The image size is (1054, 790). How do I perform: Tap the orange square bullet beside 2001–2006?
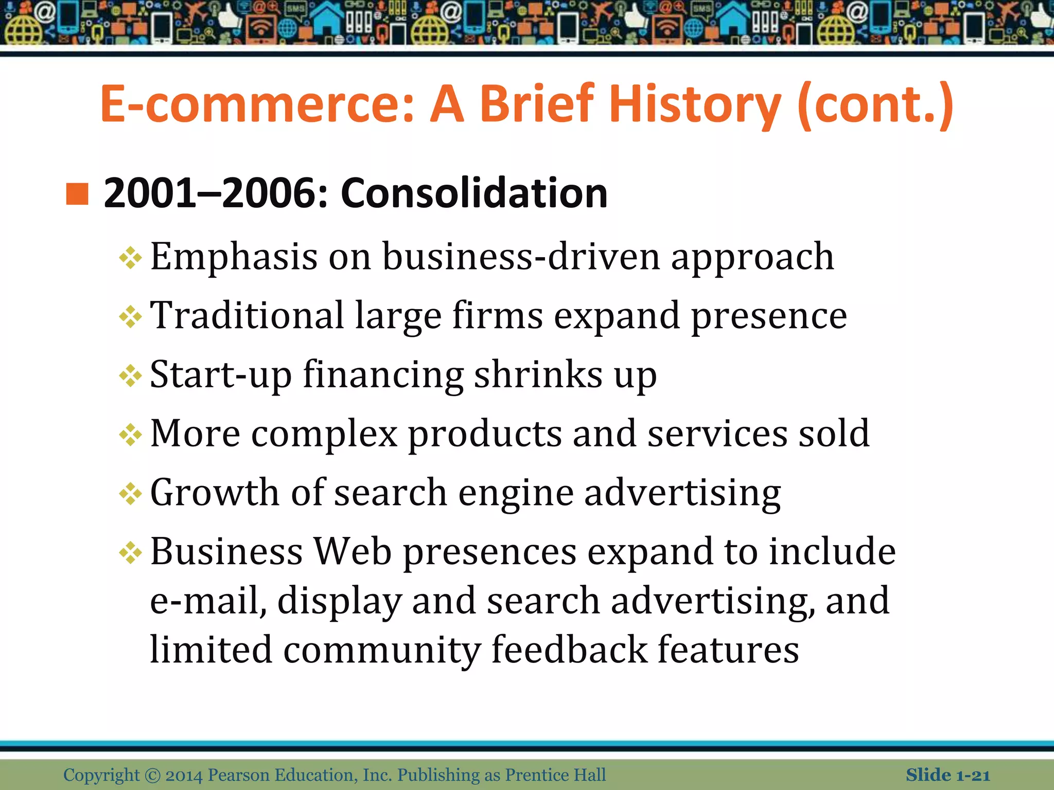(77, 194)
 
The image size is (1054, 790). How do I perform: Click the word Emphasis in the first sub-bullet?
(234, 257)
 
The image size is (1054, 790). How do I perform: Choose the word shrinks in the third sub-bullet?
(538, 374)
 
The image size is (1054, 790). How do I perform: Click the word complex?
(324, 434)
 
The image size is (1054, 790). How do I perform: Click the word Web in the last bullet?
(353, 551)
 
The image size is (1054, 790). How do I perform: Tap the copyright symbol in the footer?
(152, 775)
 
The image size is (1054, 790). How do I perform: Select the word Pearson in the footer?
(239, 775)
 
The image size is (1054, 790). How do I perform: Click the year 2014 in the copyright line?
(184, 775)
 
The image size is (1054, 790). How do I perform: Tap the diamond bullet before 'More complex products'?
(130, 435)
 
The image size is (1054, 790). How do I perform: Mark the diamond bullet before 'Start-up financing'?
(130, 375)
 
